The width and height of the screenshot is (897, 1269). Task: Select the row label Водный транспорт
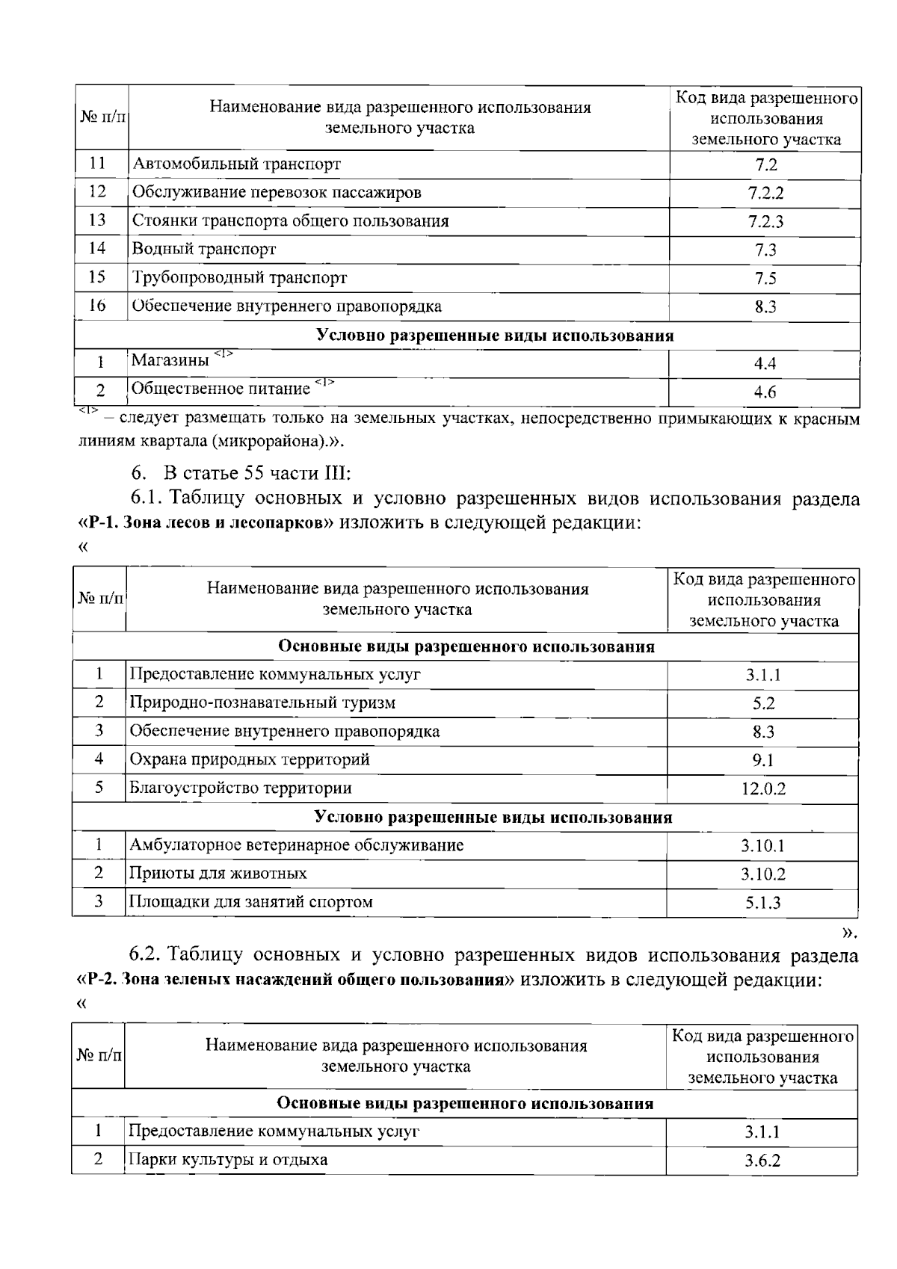204,249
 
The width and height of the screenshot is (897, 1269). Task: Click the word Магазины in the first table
170,361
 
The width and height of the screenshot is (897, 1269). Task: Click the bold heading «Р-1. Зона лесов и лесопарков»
206,522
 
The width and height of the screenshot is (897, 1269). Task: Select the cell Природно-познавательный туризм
262,703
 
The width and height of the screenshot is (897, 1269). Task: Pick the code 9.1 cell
763,760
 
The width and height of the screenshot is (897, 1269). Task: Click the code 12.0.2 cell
763,788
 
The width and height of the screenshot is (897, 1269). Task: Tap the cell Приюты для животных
218,873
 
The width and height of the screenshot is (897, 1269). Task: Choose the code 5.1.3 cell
763,903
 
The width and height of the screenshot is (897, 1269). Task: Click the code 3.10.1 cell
763,846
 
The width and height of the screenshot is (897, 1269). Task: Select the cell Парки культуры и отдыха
228,1160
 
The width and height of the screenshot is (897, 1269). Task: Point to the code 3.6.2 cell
762,1161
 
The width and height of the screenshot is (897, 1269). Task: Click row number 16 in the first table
97,305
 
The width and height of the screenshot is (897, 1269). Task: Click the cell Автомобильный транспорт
236,164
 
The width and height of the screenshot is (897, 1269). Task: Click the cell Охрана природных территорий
250,760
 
